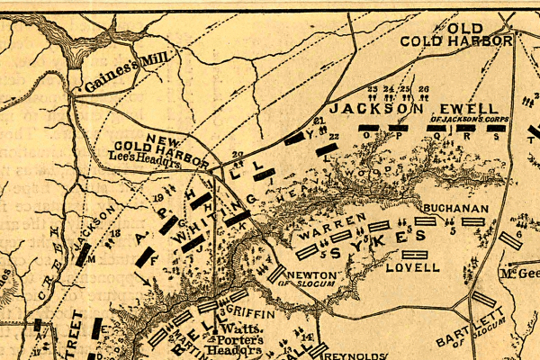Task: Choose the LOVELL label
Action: pos(413,267)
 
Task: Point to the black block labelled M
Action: pos(83,256)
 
